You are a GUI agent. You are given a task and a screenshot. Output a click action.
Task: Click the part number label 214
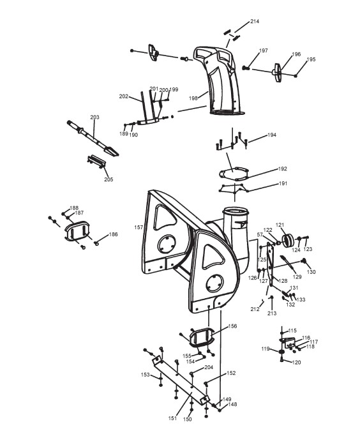pos(255,21)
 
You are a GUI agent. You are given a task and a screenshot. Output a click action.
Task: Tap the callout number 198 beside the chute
pos(193,98)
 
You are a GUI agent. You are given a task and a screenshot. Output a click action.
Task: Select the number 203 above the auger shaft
pos(94,117)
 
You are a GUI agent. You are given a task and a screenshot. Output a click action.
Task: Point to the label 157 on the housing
pos(139,227)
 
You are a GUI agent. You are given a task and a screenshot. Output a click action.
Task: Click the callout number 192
pos(283,169)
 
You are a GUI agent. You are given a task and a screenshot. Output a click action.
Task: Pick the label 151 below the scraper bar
pos(172,418)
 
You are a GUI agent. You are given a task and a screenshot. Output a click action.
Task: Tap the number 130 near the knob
pos(311,272)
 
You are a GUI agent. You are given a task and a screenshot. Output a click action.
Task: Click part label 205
pos(109,179)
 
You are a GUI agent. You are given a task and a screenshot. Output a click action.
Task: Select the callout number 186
pos(113,234)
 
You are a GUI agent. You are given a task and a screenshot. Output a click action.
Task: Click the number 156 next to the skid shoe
pos(232,326)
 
